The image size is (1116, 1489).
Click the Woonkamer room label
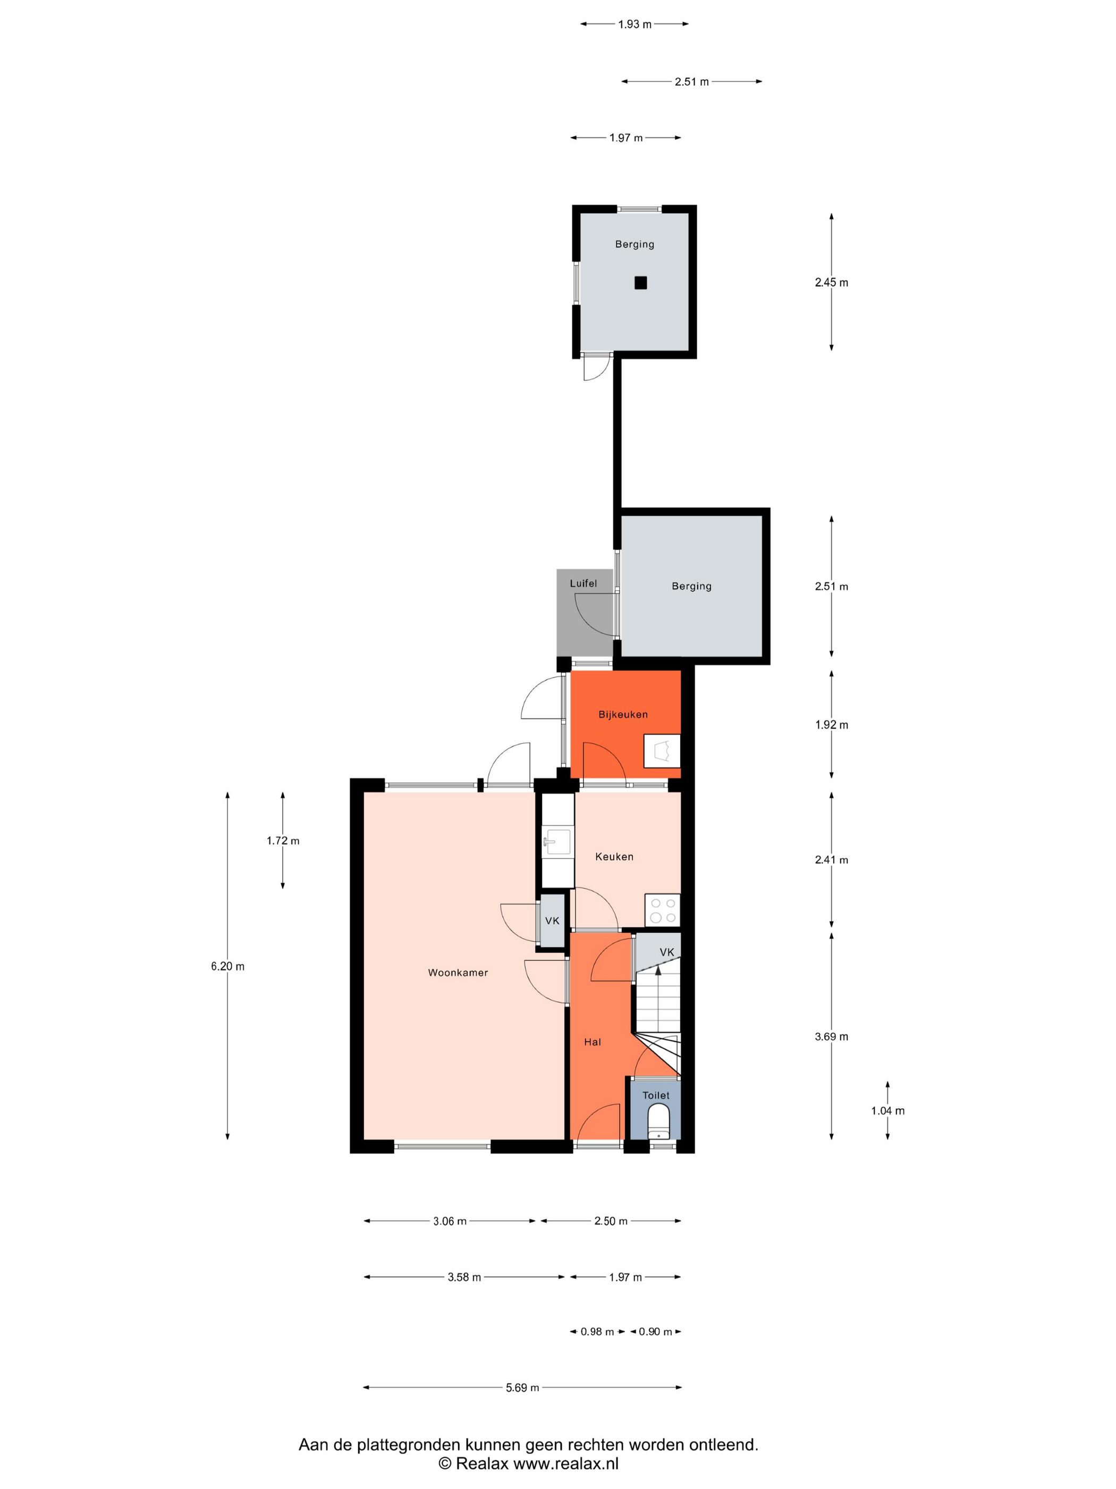coord(458,973)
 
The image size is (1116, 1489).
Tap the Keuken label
coord(614,857)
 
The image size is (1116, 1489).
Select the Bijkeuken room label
coord(623,714)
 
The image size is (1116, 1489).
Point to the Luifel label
coord(583,583)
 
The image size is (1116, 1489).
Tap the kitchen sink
coord(557,841)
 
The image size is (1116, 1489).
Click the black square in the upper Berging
coord(640,283)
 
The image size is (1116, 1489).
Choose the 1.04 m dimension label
coord(888,1111)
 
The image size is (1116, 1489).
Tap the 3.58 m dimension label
coord(464,1277)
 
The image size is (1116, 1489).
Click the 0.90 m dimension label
coord(655,1332)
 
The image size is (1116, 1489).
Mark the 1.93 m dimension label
coord(635,24)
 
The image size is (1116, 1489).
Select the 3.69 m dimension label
coord(832,1036)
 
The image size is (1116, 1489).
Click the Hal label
coord(593,1042)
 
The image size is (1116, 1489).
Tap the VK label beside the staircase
coord(666,952)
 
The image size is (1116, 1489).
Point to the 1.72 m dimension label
coord(283,841)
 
